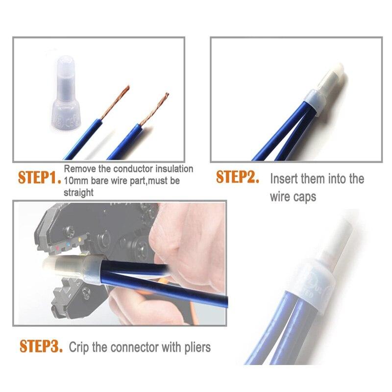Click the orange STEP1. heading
(x=40, y=178)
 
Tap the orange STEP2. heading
(x=238, y=177)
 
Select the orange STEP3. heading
(x=41, y=346)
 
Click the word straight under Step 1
(x=78, y=193)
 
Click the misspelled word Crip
(x=79, y=347)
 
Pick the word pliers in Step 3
(x=197, y=347)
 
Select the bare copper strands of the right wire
(x=154, y=109)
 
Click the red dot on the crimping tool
(x=57, y=248)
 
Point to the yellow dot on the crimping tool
(x=80, y=240)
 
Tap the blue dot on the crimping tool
(x=69, y=243)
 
